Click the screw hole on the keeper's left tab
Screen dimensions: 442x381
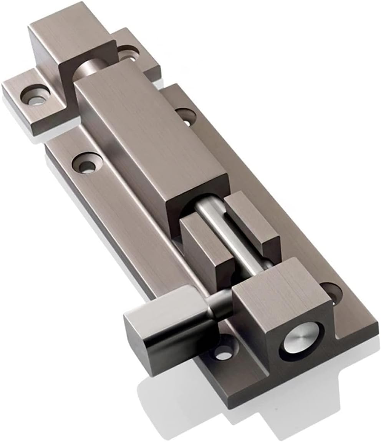[35, 96]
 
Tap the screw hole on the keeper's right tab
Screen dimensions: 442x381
[129, 53]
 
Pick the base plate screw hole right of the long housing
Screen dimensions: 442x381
[186, 116]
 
